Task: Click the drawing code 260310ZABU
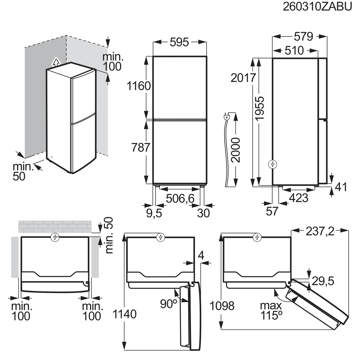(x=317, y=7)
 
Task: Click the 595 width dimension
(x=179, y=42)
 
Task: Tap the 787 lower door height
(x=141, y=147)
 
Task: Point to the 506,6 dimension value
(x=180, y=198)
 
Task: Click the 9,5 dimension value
(x=154, y=213)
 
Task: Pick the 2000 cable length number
(x=235, y=150)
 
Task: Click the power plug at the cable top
(x=226, y=117)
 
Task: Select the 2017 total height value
(x=243, y=78)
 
